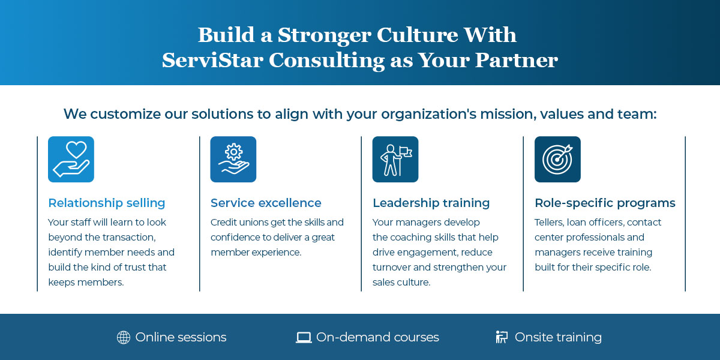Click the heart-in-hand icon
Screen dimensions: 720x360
(71, 159)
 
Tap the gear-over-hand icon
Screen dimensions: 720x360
(233, 159)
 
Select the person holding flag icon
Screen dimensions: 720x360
(395, 159)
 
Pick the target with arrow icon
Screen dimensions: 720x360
(557, 159)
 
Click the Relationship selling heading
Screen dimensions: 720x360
(107, 203)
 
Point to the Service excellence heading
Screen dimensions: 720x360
(266, 203)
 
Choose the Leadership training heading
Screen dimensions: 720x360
(431, 203)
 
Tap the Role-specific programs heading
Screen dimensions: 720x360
(605, 203)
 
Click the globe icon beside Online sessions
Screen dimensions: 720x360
(124, 337)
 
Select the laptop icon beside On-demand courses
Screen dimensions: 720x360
(304, 338)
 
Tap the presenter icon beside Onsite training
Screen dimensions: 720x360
(502, 337)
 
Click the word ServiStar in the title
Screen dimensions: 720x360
(212, 60)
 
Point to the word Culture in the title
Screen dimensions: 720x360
(417, 35)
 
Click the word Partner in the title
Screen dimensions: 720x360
(517, 60)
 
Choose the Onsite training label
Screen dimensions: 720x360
(558, 337)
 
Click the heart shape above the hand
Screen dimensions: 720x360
(76, 150)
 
